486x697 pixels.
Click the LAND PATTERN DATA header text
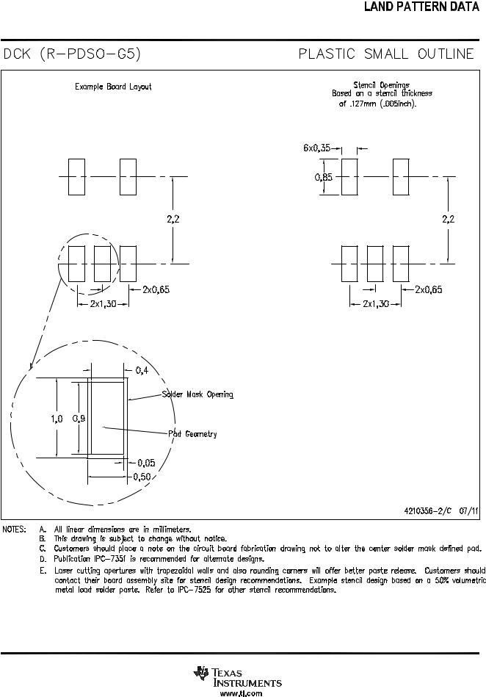tap(421, 7)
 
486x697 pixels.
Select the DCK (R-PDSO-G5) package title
tap(72, 54)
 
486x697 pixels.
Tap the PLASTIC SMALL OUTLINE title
tap(386, 54)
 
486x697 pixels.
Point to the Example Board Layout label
tap(113, 87)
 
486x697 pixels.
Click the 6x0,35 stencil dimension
tap(316, 148)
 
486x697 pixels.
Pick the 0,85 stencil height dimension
tap(324, 177)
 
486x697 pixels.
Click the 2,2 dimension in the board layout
tap(173, 219)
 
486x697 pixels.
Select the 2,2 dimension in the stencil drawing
tap(449, 219)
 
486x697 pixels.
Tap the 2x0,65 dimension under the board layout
tap(156, 290)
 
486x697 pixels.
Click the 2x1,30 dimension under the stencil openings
tap(376, 304)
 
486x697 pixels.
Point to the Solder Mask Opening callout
tap(197, 394)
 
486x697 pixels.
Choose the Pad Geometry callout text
tap(192, 434)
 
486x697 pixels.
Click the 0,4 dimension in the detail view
tap(142, 370)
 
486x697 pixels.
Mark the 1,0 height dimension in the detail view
tap(57, 419)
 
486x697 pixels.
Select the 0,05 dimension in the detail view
tap(146, 463)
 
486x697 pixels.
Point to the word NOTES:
tap(14, 530)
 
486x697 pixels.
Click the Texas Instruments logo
tap(238, 676)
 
